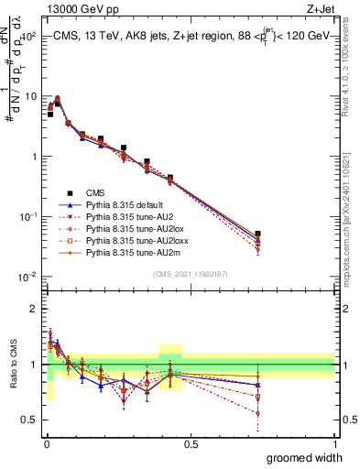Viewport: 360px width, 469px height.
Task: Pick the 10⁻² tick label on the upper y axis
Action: (27, 277)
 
